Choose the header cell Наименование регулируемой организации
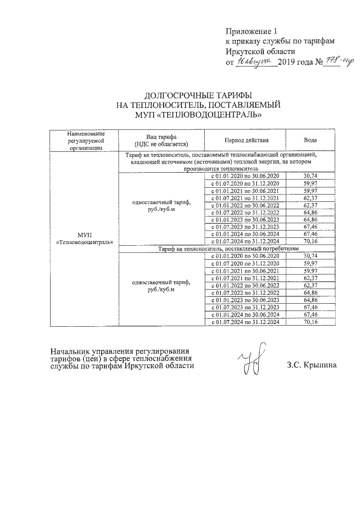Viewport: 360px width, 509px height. coord(84,140)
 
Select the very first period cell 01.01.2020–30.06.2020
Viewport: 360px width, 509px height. coord(245,177)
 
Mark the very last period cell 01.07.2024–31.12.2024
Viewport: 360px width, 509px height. coord(245,322)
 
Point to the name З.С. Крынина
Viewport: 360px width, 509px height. coord(311,365)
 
